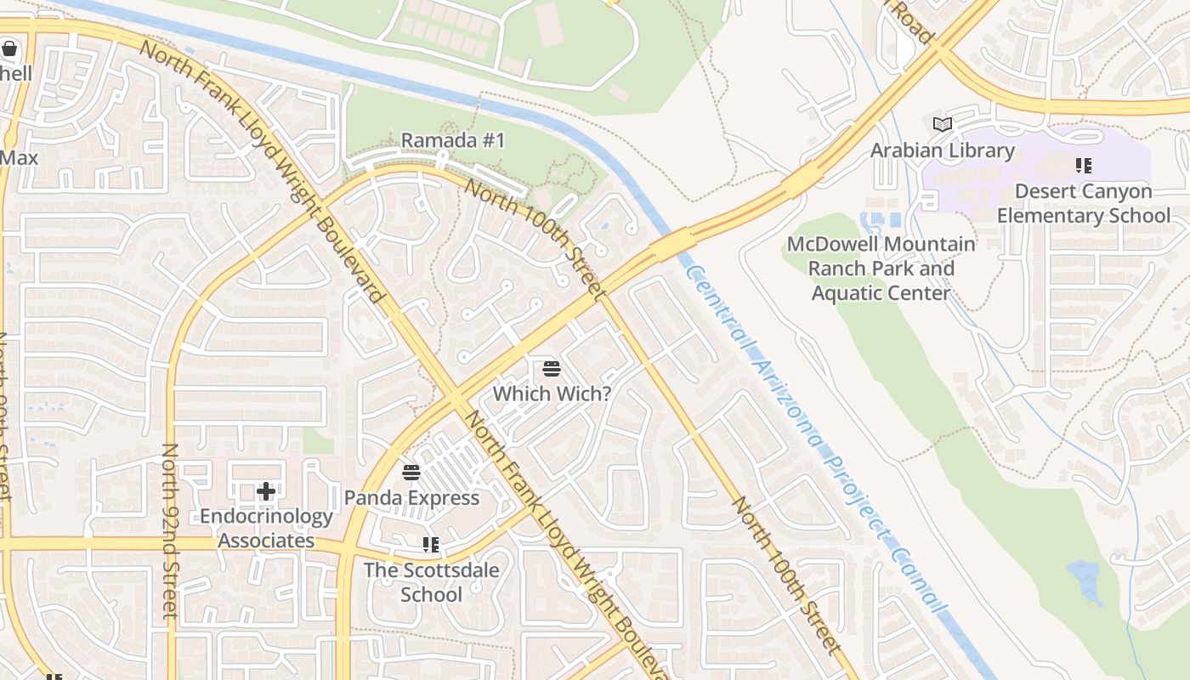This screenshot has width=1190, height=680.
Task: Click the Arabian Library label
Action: click(942, 150)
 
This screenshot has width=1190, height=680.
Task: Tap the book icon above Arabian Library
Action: click(942, 125)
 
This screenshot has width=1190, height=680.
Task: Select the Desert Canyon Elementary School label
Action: click(1083, 203)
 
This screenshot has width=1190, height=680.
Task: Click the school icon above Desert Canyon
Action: click(1083, 165)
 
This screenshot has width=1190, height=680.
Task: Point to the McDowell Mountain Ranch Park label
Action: click(881, 268)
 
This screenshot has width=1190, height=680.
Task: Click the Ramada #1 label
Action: click(452, 139)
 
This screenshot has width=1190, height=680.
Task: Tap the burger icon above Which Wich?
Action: click(552, 369)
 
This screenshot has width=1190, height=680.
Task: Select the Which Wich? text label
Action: click(552, 394)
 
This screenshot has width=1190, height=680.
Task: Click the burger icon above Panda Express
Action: click(411, 472)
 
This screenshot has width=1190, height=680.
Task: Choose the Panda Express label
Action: click(411, 497)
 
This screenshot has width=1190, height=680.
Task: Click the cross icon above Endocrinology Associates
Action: click(266, 490)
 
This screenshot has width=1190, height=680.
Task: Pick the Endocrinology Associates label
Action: click(266, 528)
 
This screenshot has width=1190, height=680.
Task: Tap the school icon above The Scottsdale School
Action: click(431, 544)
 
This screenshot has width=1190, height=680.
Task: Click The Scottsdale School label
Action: click(431, 581)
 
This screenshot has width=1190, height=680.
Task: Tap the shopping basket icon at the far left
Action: click(9, 48)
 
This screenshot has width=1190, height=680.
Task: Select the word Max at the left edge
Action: click(19, 157)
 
